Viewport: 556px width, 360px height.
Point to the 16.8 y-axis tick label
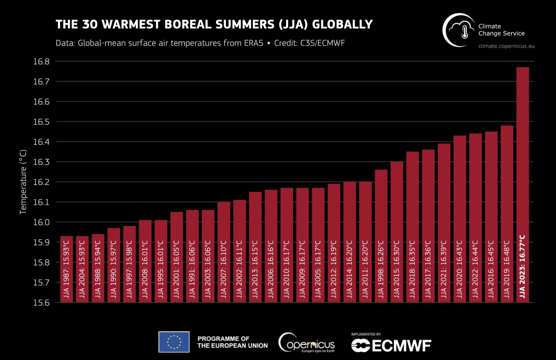pos(41,62)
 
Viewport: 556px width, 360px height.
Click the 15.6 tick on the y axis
pos(41,302)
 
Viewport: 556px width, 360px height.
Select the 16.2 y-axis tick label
pos(41,182)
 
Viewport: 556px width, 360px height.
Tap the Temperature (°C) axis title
pos(24,182)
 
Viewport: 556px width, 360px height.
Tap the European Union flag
pos(174,342)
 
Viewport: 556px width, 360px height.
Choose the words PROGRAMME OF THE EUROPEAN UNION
pos(232,342)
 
